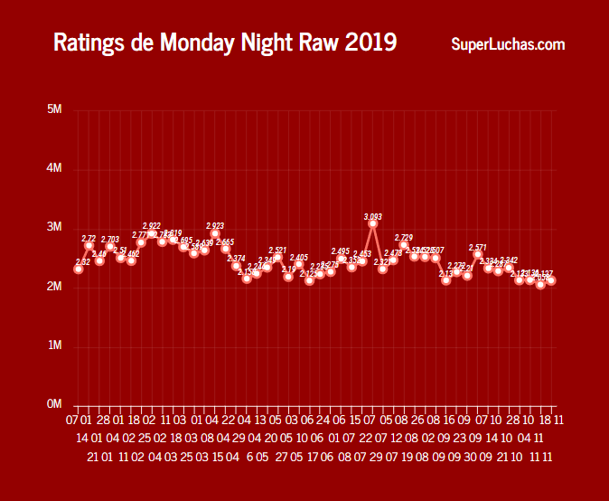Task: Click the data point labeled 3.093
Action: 372,223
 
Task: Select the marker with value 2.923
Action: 215,233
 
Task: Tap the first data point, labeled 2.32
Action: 79,269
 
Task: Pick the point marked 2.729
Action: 404,245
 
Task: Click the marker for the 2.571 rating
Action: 478,254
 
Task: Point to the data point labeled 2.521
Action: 278,258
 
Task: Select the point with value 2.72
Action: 89,245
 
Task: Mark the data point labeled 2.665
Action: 226,249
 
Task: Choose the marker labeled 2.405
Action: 299,265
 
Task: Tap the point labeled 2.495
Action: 341,259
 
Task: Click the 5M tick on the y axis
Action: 54,110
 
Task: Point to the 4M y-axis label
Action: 54,169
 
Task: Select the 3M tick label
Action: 54,228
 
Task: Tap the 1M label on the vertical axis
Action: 54,345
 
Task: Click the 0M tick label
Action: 54,404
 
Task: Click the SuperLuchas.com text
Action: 509,44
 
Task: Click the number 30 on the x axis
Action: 469,458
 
